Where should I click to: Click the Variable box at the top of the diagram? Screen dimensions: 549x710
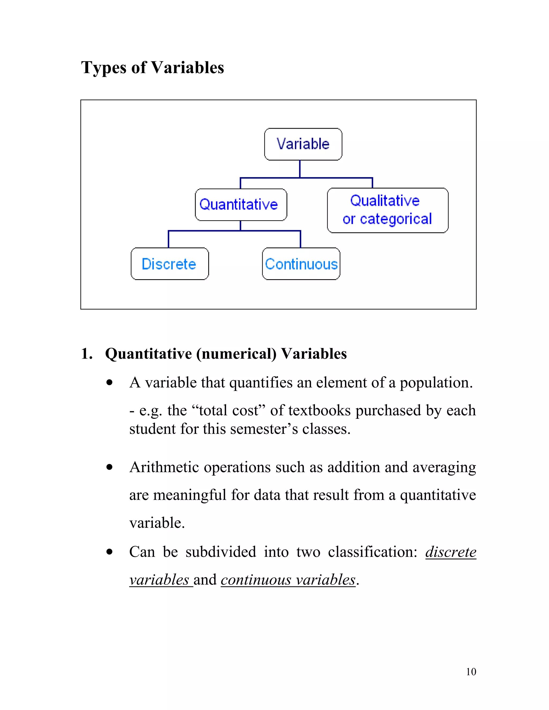(x=303, y=144)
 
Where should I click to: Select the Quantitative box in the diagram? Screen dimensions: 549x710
(x=241, y=204)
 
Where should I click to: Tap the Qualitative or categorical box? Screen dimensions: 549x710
(x=387, y=210)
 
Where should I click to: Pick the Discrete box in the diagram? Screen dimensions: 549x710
(x=169, y=264)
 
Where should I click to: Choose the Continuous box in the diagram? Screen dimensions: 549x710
(x=301, y=264)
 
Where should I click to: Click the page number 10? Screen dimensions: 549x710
(x=471, y=672)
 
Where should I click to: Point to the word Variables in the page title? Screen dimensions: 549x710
(x=188, y=68)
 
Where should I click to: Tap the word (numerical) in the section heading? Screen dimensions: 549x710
(x=236, y=354)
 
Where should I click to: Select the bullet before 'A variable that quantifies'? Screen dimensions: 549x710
(x=110, y=383)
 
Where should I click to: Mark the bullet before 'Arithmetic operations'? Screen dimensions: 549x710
(x=110, y=468)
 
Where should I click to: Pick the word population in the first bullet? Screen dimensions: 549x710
(x=436, y=383)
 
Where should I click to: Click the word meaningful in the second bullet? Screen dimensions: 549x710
(x=190, y=495)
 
